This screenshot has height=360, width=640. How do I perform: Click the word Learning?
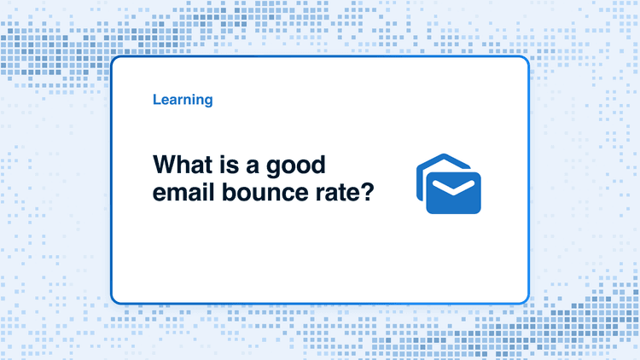[183, 100]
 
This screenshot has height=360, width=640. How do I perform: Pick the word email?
[183, 192]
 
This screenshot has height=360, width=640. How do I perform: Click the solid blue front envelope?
[453, 193]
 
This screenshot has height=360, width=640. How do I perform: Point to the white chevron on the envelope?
[453, 188]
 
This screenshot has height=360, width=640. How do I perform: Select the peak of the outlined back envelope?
[444, 155]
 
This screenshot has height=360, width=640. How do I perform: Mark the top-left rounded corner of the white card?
[113, 59]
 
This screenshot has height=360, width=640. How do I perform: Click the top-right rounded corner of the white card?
[527, 59]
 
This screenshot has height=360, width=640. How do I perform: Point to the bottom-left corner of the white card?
[113, 301]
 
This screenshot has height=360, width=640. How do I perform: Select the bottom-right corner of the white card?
[527, 301]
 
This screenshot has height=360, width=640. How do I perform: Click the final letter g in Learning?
[208, 102]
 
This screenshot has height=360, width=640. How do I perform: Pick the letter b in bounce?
[228, 192]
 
